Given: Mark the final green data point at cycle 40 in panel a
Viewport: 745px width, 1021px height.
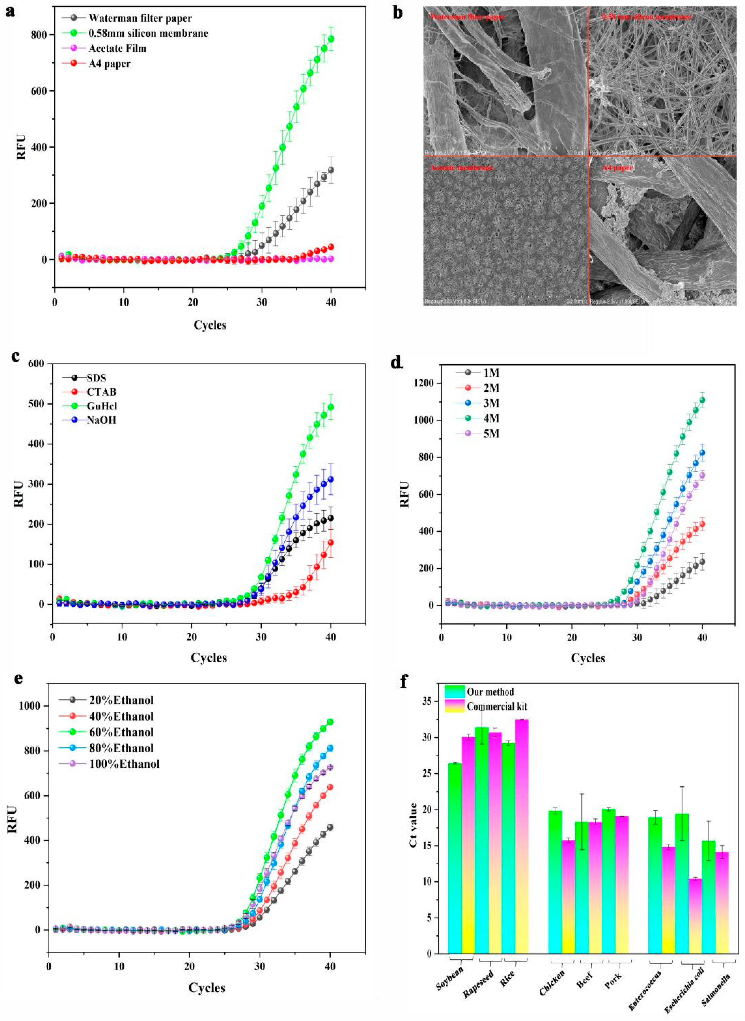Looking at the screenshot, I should pos(331,39).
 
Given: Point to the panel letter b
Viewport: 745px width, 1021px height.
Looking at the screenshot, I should pos(398,12).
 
